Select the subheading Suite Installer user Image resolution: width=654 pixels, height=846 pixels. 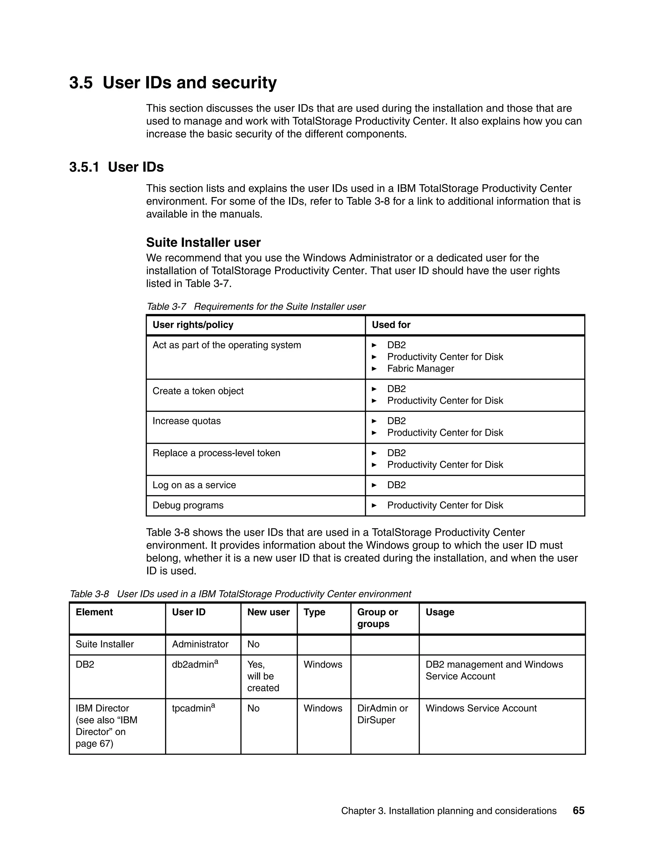203,243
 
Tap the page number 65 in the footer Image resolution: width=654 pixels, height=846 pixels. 578,810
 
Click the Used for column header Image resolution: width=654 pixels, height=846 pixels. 391,325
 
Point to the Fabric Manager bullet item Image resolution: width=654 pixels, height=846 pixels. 420,368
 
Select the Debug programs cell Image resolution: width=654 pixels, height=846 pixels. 188,505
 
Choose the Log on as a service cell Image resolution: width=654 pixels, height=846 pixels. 194,485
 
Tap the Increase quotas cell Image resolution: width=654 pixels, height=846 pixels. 186,421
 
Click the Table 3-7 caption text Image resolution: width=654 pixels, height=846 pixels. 256,306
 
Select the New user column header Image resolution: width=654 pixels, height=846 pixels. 268,612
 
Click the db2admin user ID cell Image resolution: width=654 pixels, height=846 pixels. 195,664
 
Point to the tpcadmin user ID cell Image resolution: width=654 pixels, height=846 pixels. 193,708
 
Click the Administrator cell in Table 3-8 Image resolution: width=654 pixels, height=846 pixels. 200,644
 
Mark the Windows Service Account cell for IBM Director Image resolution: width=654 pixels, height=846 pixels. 481,708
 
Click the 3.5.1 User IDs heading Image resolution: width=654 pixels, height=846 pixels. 116,167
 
